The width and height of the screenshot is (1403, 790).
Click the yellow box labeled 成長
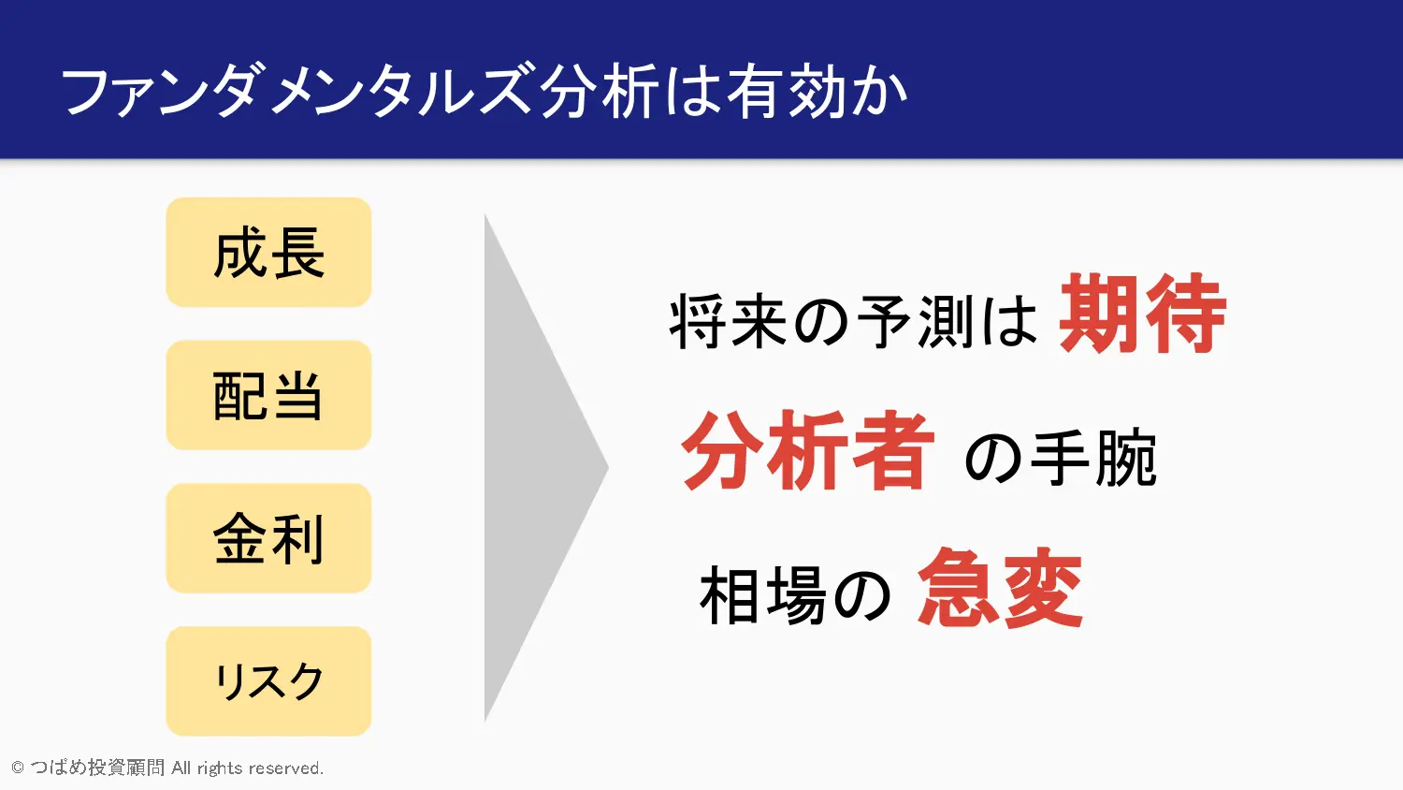coord(268,252)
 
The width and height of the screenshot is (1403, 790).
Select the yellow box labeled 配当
coord(268,395)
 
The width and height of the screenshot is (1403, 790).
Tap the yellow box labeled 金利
coord(268,538)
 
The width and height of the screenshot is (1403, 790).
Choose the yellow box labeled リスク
coord(268,680)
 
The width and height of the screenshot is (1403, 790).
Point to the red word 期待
coord(1142,314)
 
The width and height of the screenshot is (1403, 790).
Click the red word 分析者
coord(808,450)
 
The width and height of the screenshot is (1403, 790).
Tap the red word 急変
coord(1000,588)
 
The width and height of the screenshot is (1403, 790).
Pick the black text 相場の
coord(794,595)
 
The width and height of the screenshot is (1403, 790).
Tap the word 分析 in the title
coord(600,92)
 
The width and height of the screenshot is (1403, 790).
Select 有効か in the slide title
coord(817,92)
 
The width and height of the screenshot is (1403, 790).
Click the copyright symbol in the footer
coord(18,768)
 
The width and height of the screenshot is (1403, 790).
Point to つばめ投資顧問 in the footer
coord(97,768)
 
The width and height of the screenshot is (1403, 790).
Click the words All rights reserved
coord(248,768)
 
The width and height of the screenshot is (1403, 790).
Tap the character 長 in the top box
coord(298,253)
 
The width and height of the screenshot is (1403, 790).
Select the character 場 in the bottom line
coord(794,595)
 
